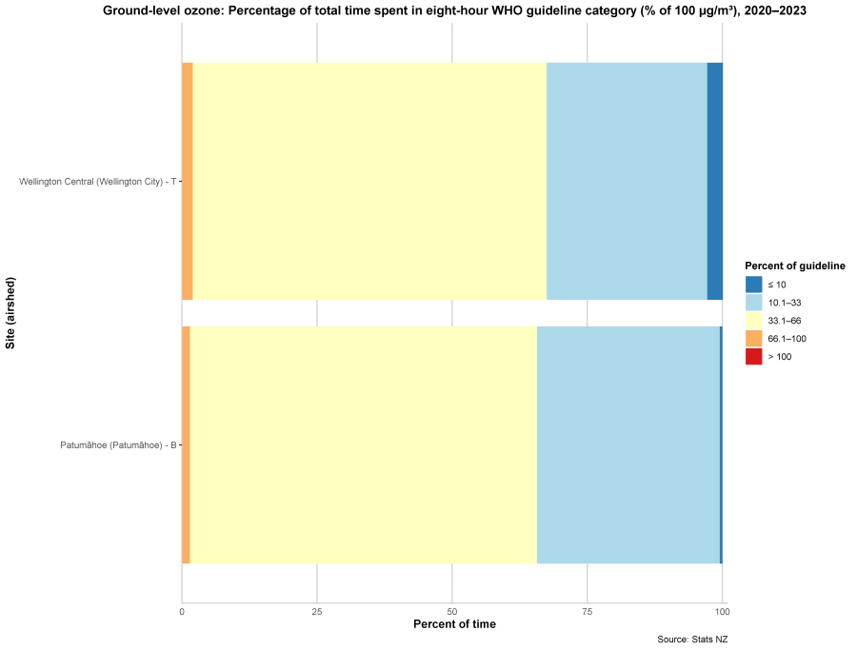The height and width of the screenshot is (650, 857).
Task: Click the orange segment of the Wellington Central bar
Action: pyautogui.click(x=188, y=181)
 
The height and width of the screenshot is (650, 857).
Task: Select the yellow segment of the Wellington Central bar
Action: pyautogui.click(x=369, y=181)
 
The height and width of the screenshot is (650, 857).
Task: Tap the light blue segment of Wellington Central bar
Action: pyautogui.click(x=627, y=181)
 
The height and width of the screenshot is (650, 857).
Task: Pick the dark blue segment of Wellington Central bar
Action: pyautogui.click(x=714, y=181)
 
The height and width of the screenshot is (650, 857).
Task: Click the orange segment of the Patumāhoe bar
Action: pyautogui.click(x=186, y=444)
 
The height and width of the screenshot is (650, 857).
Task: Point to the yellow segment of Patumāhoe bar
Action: pyautogui.click(x=364, y=444)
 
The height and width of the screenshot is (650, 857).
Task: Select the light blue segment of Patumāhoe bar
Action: pyautogui.click(x=628, y=444)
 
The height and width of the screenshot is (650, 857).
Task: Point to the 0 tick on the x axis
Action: pyautogui.click(x=182, y=611)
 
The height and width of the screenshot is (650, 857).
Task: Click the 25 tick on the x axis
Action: pyautogui.click(x=317, y=611)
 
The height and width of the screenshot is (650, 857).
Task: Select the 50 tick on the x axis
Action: pyautogui.click(x=452, y=611)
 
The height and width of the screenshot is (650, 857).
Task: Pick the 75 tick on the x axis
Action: pyautogui.click(x=588, y=611)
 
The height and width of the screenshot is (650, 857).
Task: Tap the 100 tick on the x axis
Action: pyautogui.click(x=723, y=611)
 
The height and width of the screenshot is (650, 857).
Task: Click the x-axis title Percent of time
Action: pyautogui.click(x=454, y=624)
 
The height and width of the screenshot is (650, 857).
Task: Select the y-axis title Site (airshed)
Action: pyautogui.click(x=10, y=313)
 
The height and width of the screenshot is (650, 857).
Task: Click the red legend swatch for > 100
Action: pyautogui.click(x=754, y=357)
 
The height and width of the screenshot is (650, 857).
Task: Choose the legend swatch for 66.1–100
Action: pyautogui.click(x=754, y=339)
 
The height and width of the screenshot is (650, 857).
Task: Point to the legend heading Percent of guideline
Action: pyautogui.click(x=795, y=266)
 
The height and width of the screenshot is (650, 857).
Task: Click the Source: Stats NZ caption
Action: pyautogui.click(x=692, y=640)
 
